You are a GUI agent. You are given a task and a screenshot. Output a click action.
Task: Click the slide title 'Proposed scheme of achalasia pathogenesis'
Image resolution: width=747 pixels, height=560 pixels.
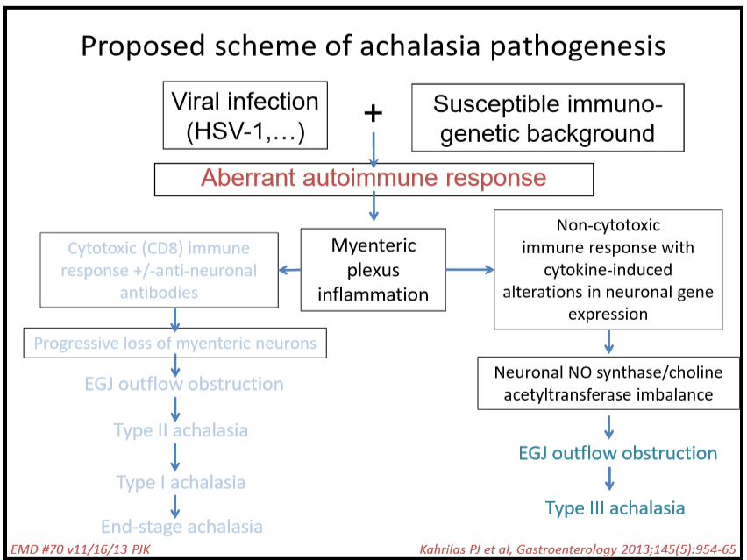pyautogui.click(x=373, y=46)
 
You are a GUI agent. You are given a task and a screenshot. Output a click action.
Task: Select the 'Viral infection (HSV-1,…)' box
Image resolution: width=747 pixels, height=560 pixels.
pyautogui.click(x=245, y=117)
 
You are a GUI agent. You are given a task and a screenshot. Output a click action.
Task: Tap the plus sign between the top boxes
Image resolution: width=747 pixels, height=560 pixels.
pyautogui.click(x=374, y=113)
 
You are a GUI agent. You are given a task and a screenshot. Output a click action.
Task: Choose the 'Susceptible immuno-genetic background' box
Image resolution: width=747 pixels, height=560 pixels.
pyautogui.click(x=548, y=117)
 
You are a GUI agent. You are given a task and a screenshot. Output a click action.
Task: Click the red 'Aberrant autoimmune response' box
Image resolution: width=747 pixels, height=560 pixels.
pyautogui.click(x=373, y=179)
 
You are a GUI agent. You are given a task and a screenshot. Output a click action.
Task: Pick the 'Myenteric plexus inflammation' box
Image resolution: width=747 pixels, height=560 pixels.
pyautogui.click(x=373, y=270)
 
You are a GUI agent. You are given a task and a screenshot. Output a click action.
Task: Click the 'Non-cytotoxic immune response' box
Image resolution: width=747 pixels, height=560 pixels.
pyautogui.click(x=608, y=270)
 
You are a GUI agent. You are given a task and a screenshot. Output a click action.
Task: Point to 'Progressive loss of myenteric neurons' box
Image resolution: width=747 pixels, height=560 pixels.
pyautogui.click(x=174, y=343)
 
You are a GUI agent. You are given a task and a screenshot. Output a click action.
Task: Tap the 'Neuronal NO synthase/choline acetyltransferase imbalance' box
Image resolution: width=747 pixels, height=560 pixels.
pyautogui.click(x=608, y=383)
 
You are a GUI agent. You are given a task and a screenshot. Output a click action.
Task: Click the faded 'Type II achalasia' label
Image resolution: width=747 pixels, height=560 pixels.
pyautogui.click(x=181, y=430)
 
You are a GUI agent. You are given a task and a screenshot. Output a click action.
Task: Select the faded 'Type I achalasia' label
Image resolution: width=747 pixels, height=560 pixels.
pyautogui.click(x=181, y=482)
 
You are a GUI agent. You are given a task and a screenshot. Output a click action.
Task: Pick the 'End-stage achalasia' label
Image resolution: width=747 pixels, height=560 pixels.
pyautogui.click(x=181, y=527)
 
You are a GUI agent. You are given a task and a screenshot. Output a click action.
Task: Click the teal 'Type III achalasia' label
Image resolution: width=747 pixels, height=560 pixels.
pyautogui.click(x=615, y=508)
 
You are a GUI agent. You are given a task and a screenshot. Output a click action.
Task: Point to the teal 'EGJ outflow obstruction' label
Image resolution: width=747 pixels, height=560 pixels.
pyautogui.click(x=617, y=453)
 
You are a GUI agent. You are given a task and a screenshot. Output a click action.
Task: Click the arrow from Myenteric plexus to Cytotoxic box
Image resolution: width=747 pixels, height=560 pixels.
pyautogui.click(x=288, y=270)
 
